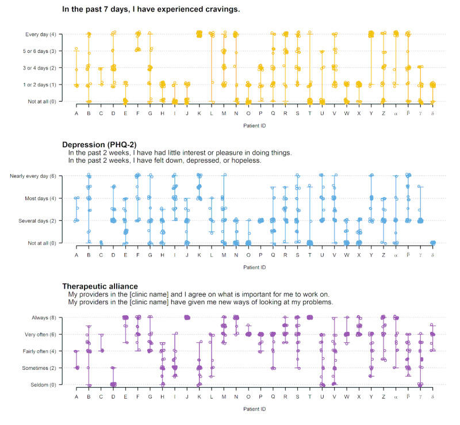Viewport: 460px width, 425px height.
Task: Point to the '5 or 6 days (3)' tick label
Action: tap(41, 51)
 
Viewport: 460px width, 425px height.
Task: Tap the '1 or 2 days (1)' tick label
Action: tap(41, 85)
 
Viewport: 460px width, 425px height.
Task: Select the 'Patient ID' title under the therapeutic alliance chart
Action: tap(254, 409)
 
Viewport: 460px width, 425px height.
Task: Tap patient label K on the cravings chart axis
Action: tap(200, 113)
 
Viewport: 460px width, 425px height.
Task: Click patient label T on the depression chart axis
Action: tap(310, 254)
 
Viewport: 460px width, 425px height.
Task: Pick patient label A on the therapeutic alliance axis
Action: tap(76, 396)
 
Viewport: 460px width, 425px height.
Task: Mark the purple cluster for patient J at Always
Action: tap(187, 317)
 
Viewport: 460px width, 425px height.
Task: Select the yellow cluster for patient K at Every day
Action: tap(200, 34)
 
